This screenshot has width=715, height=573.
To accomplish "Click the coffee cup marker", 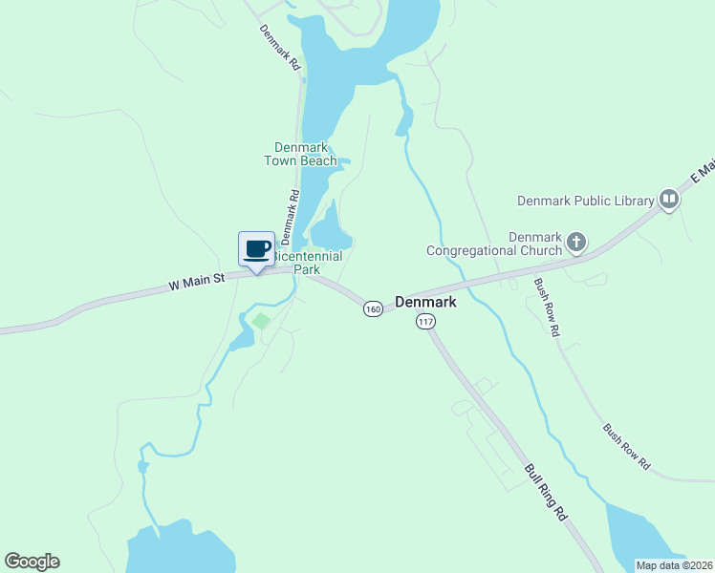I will tap(256, 250).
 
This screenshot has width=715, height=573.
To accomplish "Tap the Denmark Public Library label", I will tap(585, 201).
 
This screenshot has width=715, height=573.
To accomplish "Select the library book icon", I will tap(668, 200).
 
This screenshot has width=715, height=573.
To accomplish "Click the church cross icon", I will tap(575, 243).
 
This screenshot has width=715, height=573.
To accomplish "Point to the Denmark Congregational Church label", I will tap(494, 244).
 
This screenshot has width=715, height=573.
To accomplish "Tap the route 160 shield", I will tap(373, 308).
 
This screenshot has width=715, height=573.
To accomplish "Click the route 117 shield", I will tap(425, 322).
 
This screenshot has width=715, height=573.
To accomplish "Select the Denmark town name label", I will tap(425, 302).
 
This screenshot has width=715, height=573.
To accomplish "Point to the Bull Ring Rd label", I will tap(547, 492).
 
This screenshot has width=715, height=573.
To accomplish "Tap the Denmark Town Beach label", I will tap(301, 154).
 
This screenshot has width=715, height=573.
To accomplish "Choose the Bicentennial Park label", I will tap(308, 264).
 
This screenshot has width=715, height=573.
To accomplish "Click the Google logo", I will tap(32, 562).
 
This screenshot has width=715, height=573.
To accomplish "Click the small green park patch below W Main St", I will tap(261, 322).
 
